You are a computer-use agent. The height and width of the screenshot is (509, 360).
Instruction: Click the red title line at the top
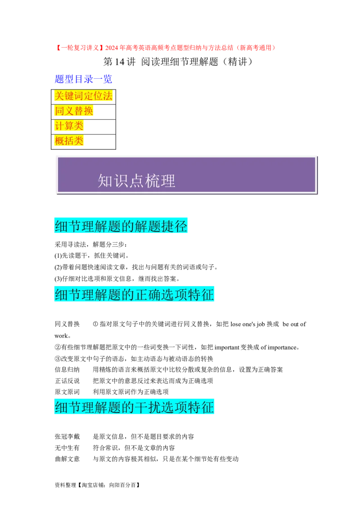(165, 48)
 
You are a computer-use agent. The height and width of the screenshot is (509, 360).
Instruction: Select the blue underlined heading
(83, 80)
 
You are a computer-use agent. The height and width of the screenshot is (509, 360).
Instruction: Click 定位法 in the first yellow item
(98, 96)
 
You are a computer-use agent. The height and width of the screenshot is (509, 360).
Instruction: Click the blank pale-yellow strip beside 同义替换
(104, 113)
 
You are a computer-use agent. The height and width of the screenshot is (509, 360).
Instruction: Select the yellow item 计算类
(69, 126)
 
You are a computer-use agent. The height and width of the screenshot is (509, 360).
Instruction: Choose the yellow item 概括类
(69, 141)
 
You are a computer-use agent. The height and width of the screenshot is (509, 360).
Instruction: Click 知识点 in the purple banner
(117, 181)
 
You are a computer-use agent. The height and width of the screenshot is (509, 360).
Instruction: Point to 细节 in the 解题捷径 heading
(67, 226)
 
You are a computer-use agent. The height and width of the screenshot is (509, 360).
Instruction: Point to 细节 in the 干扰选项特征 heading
(67, 407)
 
